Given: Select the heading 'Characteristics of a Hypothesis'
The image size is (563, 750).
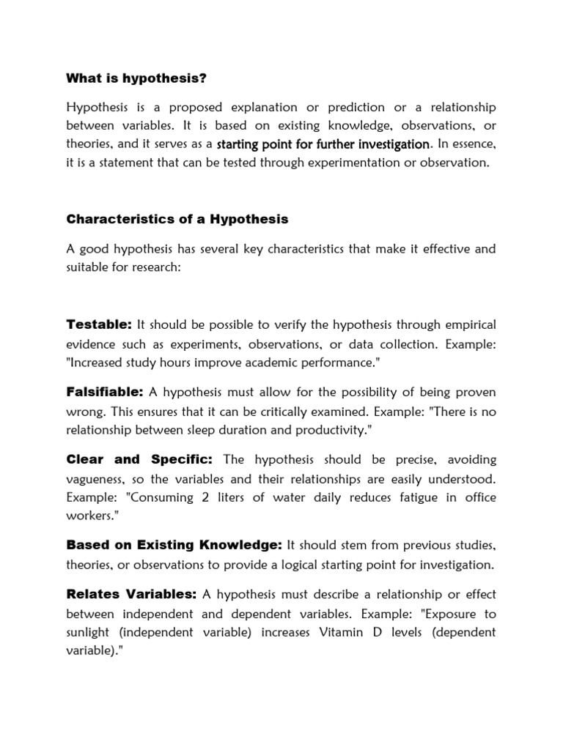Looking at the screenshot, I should point(177,219).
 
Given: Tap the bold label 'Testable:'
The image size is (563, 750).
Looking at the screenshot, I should point(98,324).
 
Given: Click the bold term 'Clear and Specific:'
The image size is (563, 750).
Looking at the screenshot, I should point(139,459).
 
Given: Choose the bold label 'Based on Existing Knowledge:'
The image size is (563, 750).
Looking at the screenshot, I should point(174,545).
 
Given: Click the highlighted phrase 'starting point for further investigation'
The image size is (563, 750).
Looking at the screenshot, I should point(323,144).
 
